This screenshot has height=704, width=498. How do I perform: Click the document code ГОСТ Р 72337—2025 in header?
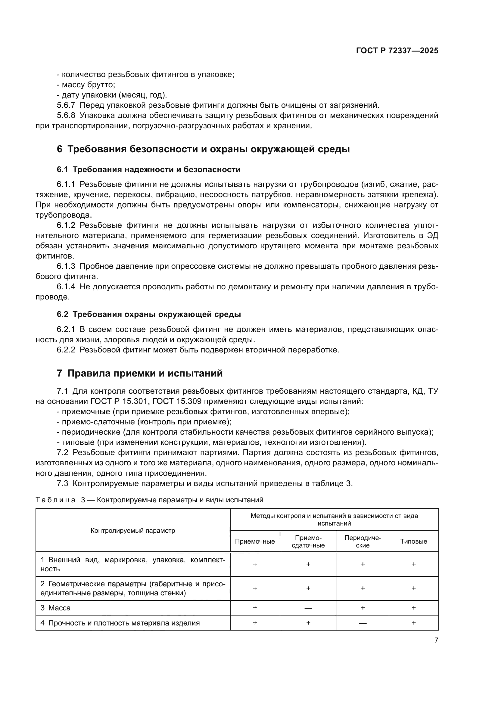pyautogui.click(x=397, y=51)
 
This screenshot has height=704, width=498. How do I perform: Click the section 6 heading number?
pyautogui.click(x=60, y=149)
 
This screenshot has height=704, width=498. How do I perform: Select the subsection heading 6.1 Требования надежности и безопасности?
pyautogui.click(x=148, y=169)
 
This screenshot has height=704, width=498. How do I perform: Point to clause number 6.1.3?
pyautogui.click(x=66, y=266)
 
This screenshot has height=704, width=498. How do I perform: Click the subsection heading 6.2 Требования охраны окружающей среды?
pyautogui.click(x=149, y=314)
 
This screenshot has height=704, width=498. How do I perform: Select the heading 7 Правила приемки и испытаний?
pyautogui.click(x=139, y=373)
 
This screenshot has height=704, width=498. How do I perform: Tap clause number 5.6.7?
pyautogui.click(x=66, y=105)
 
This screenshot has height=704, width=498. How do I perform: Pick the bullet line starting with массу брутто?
pyautogui.click(x=86, y=85)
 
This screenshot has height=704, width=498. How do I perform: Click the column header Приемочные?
pyautogui.click(x=254, y=541)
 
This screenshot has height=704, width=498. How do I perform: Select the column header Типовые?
pyautogui.click(x=413, y=541)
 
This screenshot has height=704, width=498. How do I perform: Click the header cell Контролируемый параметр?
pyautogui.click(x=133, y=531)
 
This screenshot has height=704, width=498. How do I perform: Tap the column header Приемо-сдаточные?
pyautogui.click(x=308, y=541)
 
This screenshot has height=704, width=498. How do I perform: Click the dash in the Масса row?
pyautogui.click(x=308, y=608)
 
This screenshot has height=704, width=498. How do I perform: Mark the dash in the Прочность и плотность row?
pyautogui.click(x=363, y=623)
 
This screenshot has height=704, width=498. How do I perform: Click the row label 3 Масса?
pyautogui.click(x=55, y=608)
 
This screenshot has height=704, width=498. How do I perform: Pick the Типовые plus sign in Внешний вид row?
pyautogui.click(x=413, y=564)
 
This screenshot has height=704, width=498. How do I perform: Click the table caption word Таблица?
pyautogui.click(x=55, y=500)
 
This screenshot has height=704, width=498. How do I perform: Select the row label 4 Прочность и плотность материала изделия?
pyautogui.click(x=120, y=623)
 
